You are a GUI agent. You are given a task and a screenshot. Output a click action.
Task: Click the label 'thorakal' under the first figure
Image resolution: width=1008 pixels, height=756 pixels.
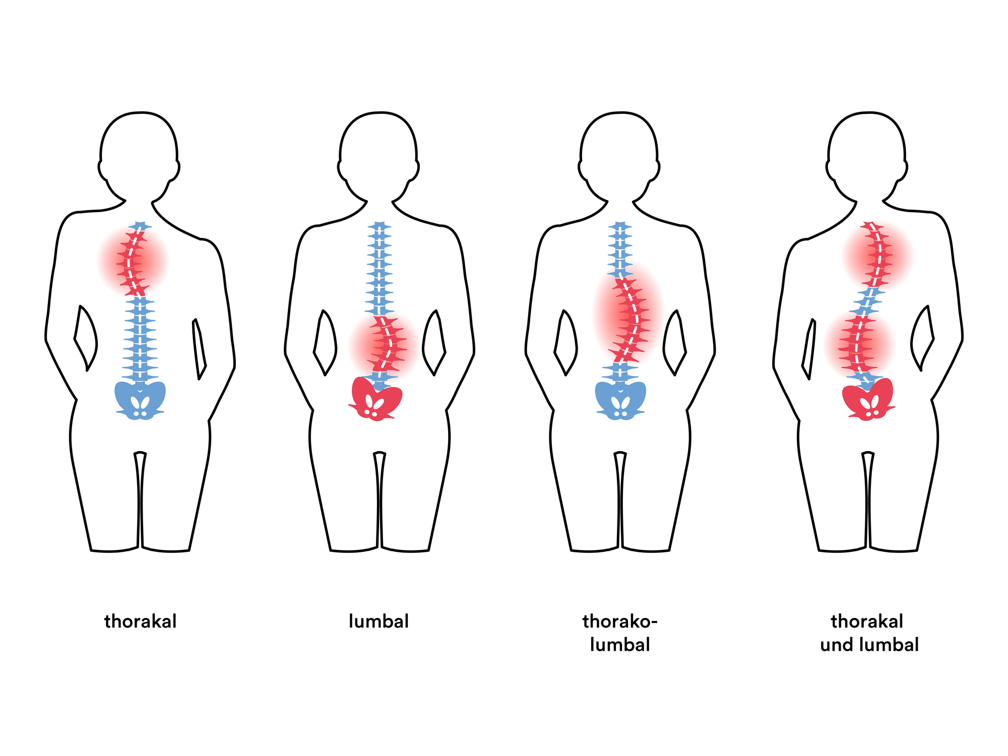(x=140, y=621)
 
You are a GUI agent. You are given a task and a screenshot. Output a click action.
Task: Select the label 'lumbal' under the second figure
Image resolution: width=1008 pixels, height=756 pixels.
(x=379, y=621)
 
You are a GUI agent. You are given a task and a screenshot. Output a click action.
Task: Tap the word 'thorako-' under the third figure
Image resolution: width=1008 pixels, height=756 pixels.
(x=620, y=621)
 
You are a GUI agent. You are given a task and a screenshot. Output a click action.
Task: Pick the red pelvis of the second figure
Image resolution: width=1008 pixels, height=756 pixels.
(x=376, y=398)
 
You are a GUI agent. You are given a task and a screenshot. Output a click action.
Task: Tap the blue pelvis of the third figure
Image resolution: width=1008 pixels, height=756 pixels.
(x=620, y=400)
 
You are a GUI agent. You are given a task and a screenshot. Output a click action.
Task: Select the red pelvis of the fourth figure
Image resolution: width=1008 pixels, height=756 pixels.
(x=868, y=399)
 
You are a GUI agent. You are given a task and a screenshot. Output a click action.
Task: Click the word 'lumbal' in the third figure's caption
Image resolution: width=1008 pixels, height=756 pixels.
(x=620, y=645)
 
